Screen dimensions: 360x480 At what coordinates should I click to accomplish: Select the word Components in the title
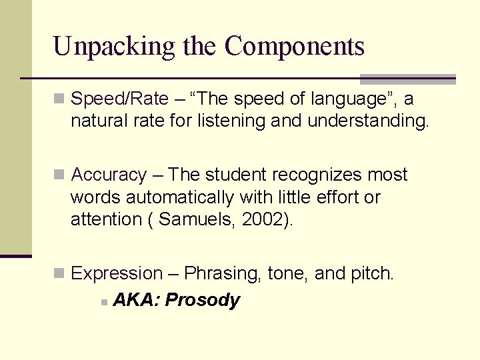295,47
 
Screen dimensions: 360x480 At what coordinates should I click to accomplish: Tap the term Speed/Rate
119,99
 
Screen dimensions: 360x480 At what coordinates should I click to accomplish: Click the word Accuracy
108,175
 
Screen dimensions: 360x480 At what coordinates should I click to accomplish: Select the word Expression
116,273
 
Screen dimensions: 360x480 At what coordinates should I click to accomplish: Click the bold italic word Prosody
202,300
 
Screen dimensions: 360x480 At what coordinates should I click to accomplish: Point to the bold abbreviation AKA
135,300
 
